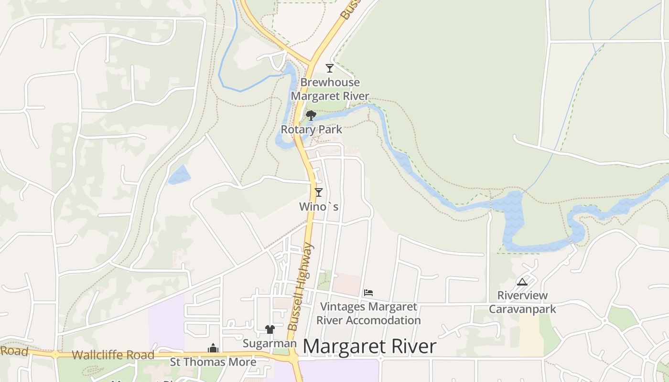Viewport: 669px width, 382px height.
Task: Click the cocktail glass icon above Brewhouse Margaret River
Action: [329, 68]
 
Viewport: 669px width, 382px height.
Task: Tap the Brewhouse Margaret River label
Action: [330, 89]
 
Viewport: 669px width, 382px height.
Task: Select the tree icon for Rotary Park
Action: [311, 115]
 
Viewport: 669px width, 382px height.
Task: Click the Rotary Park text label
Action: [312, 129]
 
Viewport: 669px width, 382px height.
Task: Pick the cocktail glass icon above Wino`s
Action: [319, 192]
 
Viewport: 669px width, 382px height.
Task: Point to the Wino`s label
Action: [319, 207]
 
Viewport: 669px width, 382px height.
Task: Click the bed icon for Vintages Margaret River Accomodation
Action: [368, 292]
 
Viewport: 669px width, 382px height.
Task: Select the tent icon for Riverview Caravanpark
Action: [522, 282]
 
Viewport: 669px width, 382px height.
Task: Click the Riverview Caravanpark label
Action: [522, 302]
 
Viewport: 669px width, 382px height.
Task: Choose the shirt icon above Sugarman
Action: [270, 329]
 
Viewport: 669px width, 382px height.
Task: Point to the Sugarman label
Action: [270, 344]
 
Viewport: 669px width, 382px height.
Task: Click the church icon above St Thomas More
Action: [213, 349]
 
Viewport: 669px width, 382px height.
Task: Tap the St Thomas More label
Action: [213, 362]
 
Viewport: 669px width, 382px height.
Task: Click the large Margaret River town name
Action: [369, 347]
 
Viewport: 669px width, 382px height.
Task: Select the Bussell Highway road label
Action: [301, 286]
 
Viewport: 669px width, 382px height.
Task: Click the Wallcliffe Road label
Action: [113, 355]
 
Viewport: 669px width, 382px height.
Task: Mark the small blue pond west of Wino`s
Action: [179, 175]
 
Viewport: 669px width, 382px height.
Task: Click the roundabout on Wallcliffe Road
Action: [55, 354]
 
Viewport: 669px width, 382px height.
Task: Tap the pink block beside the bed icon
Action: [346, 284]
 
